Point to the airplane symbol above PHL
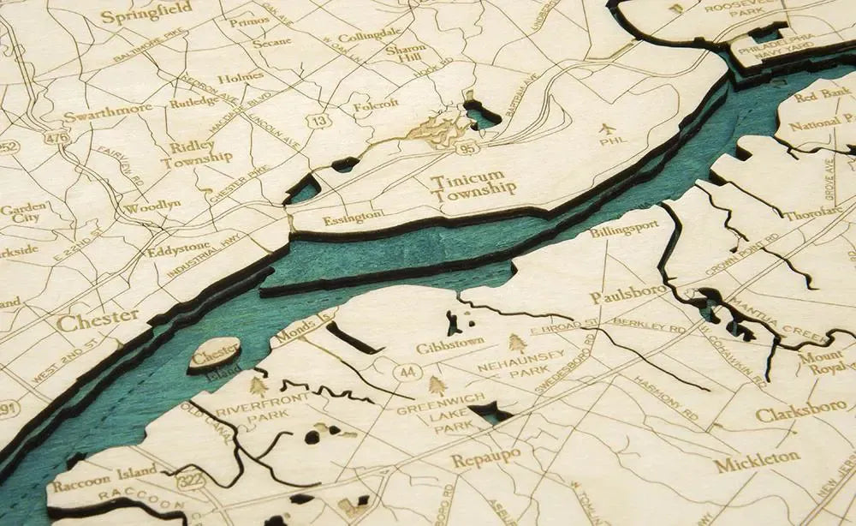click(609, 129)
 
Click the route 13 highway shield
click(319, 122)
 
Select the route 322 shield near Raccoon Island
click(189, 481)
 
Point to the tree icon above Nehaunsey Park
click(517, 344)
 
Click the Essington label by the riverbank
click(353, 218)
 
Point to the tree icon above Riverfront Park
click(258, 386)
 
